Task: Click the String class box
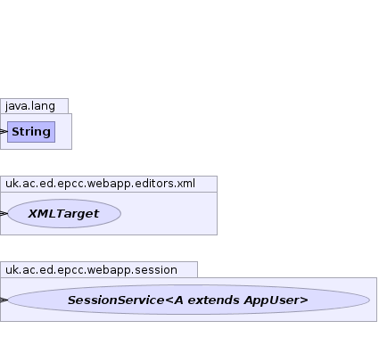pyautogui.click(x=31, y=132)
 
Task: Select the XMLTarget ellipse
pyautogui.click(x=64, y=214)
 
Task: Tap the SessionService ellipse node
pyautogui.click(x=189, y=300)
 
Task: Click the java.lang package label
pyautogui.click(x=30, y=106)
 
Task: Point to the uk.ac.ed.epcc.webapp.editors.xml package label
pyautogui.click(x=100, y=184)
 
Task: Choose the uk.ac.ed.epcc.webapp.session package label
pyautogui.click(x=91, y=270)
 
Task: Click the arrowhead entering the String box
pyautogui.click(x=4, y=131)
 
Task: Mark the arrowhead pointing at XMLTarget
pyautogui.click(x=4, y=213)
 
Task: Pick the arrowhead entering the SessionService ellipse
pyautogui.click(x=4, y=300)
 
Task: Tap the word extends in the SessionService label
pyautogui.click(x=213, y=300)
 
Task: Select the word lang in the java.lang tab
pyautogui.click(x=43, y=106)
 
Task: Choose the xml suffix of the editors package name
pyautogui.click(x=186, y=184)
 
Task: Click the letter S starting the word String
pyautogui.click(x=16, y=132)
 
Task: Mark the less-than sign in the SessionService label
pyautogui.click(x=169, y=300)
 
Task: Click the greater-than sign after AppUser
pyautogui.click(x=304, y=300)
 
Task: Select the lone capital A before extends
pyautogui.click(x=179, y=300)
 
